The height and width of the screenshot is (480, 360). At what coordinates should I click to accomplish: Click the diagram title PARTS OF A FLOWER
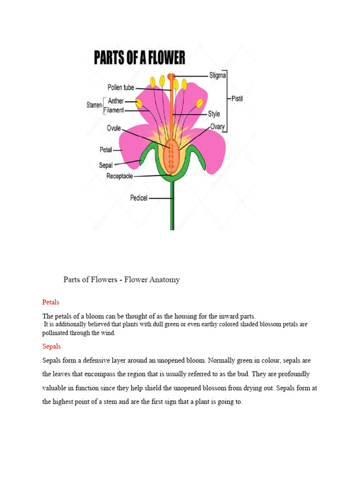[x=140, y=58]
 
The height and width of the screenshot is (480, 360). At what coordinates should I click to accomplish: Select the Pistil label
[x=237, y=99]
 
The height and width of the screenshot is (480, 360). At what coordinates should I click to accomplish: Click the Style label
[x=214, y=114]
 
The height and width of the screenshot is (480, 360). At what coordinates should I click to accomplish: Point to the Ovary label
[x=217, y=127]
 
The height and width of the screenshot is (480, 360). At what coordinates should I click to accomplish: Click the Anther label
[x=116, y=101]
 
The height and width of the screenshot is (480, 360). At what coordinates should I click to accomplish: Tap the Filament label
[x=114, y=111]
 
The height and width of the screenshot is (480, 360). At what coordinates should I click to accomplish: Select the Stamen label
[x=94, y=105]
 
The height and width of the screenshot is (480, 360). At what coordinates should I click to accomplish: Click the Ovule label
[x=114, y=128]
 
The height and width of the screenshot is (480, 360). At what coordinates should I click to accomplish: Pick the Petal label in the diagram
[x=105, y=150]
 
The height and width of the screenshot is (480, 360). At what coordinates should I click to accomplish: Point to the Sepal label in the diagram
[x=105, y=165]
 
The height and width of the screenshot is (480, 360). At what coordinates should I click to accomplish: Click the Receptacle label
[x=120, y=176]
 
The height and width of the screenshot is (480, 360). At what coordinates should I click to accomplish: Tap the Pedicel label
[x=139, y=198]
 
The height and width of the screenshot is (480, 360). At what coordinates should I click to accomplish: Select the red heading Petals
[x=51, y=302]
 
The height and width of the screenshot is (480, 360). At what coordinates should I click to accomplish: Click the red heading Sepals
[x=52, y=346]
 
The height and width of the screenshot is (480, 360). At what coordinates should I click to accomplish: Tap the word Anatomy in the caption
[x=164, y=280]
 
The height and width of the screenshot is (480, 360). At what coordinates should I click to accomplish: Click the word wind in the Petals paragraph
[x=108, y=333]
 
